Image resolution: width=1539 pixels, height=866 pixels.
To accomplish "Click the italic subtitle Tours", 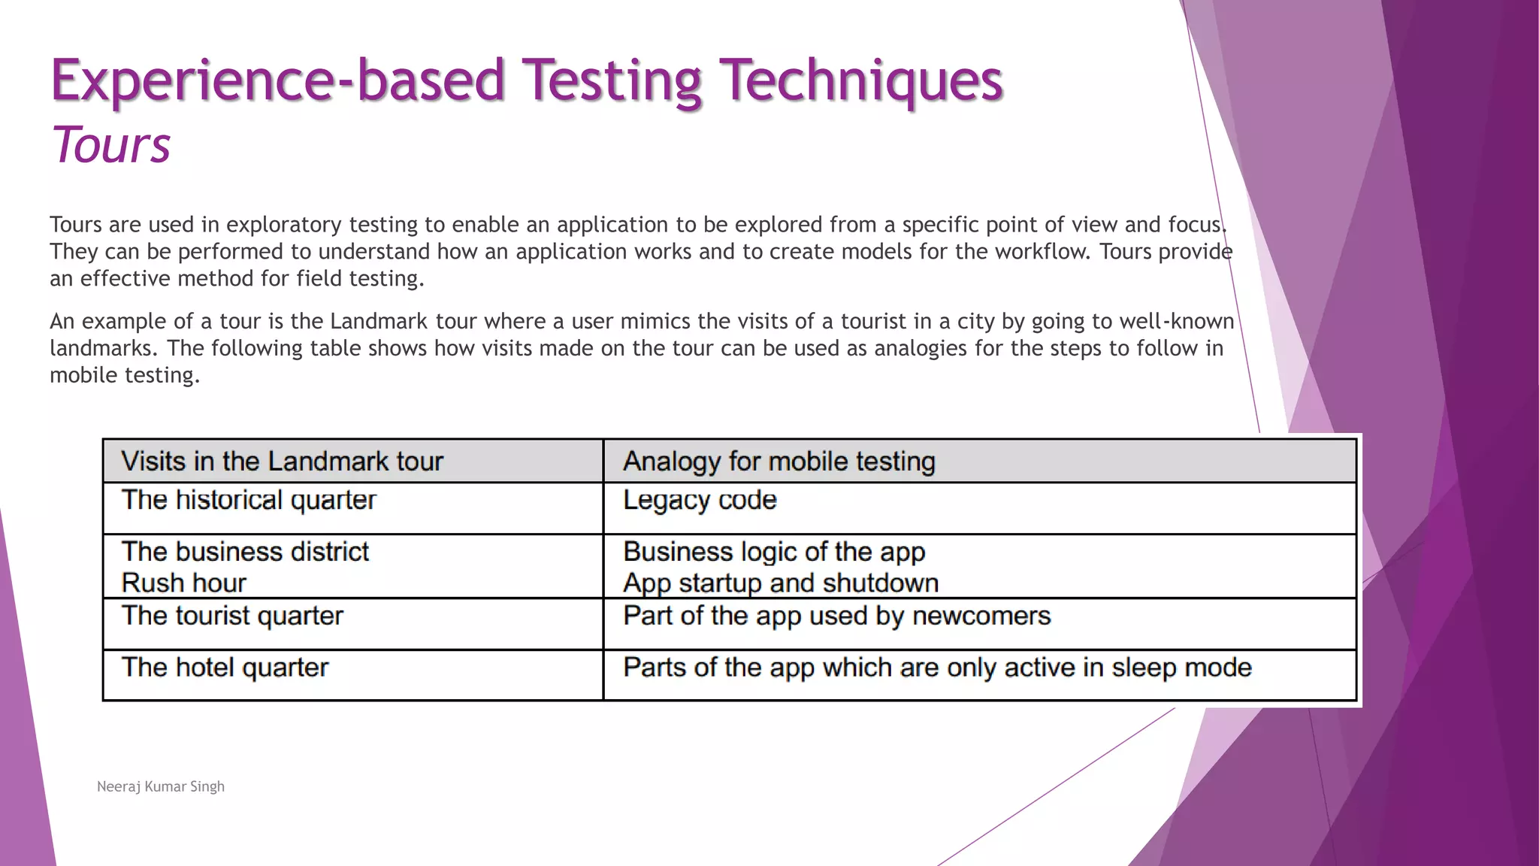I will [111, 144].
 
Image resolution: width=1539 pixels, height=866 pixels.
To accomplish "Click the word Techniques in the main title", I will [860, 80].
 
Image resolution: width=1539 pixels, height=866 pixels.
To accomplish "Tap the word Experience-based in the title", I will [277, 80].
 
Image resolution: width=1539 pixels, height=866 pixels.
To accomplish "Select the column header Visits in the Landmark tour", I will [282, 461].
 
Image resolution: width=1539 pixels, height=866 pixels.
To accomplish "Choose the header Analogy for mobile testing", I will [779, 461].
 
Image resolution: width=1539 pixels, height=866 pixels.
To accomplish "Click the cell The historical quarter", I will [249, 500].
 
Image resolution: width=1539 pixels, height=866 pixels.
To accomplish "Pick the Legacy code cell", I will [700, 500].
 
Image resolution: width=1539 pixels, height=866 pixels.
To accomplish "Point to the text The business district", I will [245, 552].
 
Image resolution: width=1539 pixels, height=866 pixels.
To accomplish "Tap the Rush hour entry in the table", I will [183, 583].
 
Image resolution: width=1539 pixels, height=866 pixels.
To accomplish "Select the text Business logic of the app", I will [774, 552].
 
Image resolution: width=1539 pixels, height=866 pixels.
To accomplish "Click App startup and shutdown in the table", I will [781, 583].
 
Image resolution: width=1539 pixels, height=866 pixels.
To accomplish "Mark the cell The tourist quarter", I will [232, 616].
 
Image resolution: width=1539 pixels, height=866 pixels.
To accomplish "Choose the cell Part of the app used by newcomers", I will [836, 616].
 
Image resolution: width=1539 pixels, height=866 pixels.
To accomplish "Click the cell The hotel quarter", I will [225, 668].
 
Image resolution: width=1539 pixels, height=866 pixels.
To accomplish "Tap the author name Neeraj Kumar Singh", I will [161, 786].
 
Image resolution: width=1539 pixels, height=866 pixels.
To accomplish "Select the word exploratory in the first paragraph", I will [284, 225].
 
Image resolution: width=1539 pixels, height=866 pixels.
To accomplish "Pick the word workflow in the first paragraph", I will [1042, 252].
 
